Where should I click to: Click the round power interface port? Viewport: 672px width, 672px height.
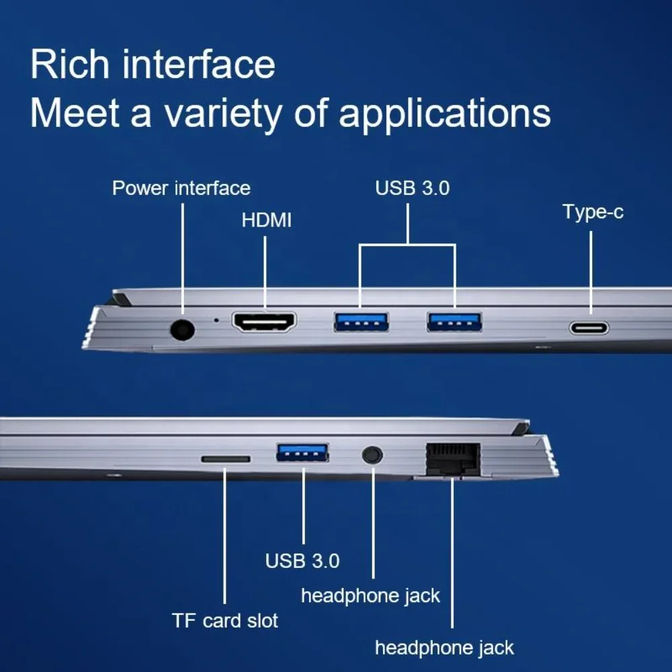[x=182, y=330]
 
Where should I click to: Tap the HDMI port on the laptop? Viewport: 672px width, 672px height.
[x=264, y=322]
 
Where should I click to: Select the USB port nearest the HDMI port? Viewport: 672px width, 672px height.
[x=362, y=323]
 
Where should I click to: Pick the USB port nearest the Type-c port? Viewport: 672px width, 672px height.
[x=454, y=323]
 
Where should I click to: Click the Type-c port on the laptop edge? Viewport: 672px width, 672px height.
[x=589, y=329]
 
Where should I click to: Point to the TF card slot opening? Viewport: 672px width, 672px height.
[x=226, y=460]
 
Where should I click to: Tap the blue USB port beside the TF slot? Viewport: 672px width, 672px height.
[x=302, y=452]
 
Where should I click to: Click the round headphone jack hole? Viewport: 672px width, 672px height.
[x=372, y=455]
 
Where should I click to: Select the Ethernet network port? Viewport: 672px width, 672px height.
[x=452, y=459]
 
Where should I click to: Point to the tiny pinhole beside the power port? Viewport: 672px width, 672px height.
[x=216, y=320]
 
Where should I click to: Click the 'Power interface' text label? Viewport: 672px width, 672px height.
[x=181, y=188]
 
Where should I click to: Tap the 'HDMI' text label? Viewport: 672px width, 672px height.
[x=267, y=220]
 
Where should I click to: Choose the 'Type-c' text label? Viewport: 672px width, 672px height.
[x=593, y=212]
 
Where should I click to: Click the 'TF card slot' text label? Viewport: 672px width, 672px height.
[x=225, y=620]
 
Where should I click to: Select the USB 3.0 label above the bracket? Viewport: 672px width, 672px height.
[x=413, y=188]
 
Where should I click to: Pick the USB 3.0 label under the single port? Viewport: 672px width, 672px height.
[x=302, y=560]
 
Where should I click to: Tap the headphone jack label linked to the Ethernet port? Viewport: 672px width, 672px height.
[x=444, y=648]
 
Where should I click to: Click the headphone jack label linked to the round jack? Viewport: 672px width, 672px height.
[x=371, y=595]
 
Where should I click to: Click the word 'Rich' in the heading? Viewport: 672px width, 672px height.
[x=70, y=65]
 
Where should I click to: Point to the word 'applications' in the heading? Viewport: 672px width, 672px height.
[x=445, y=114]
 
